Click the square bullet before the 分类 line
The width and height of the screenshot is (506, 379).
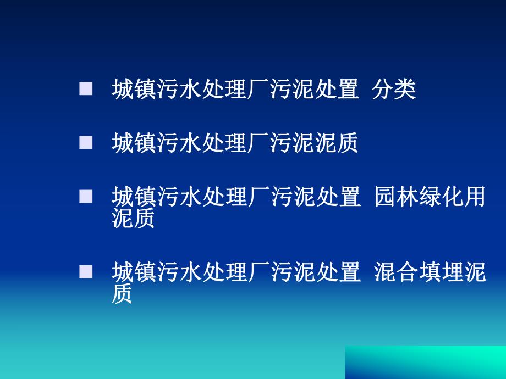click(x=86, y=90)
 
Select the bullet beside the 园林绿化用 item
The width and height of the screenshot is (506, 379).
click(x=86, y=196)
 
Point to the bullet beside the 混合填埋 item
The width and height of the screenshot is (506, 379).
click(x=86, y=271)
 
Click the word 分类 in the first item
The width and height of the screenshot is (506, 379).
click(x=394, y=90)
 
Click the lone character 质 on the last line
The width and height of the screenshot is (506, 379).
click(x=122, y=293)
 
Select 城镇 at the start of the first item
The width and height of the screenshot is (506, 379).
click(x=134, y=90)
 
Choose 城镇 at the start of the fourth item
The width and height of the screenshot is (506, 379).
click(x=134, y=271)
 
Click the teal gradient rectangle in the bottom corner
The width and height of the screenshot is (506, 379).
click(x=425, y=363)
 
